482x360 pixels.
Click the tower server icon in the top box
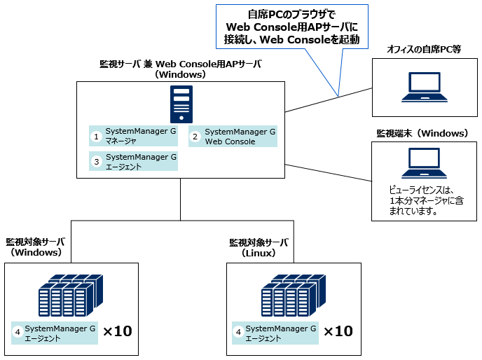(181, 104)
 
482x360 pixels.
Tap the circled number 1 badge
(97, 136)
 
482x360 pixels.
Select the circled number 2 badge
(196, 137)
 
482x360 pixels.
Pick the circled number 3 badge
(97, 162)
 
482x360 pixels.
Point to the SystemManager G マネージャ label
(139, 136)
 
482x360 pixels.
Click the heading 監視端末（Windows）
(422, 133)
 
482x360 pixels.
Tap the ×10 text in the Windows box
(117, 331)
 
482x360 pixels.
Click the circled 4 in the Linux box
(238, 333)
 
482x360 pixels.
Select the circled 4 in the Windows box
(18, 333)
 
